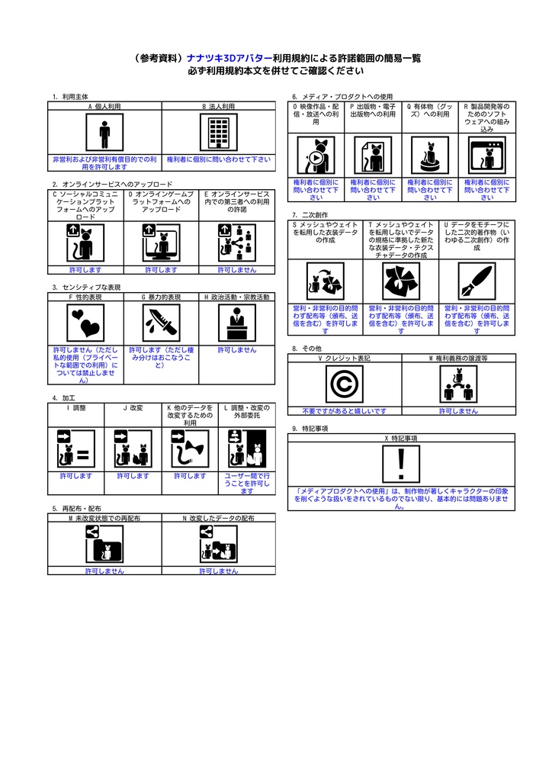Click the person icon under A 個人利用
pyautogui.click(x=104, y=134)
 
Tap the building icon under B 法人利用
pyautogui.click(x=219, y=134)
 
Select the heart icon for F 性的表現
pyautogui.click(x=85, y=323)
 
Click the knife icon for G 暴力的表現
pyautogui.click(x=161, y=323)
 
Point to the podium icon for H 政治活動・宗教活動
pyautogui.click(x=237, y=323)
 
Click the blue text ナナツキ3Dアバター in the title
pyautogui.click(x=229, y=58)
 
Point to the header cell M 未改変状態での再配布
pyautogui.click(x=104, y=518)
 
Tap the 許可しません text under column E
pyautogui.click(x=237, y=269)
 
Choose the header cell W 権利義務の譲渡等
pyautogui.click(x=457, y=358)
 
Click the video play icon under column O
pyautogui.click(x=316, y=157)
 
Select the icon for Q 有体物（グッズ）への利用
pyautogui.click(x=429, y=157)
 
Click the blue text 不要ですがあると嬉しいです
pyautogui.click(x=344, y=410)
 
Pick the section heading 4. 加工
pyautogui.click(x=63, y=398)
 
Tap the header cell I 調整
pyautogui.click(x=76, y=408)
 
